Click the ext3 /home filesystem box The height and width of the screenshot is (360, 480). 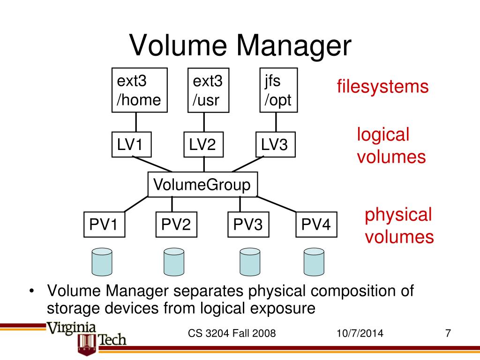[140, 90]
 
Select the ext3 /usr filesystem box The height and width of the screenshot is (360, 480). [205, 91]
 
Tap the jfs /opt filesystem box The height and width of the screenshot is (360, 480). [279, 90]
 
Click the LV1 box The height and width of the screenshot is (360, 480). [132, 145]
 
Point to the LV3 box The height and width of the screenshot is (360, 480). [276, 145]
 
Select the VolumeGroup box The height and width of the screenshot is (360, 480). [202, 185]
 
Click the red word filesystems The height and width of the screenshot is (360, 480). [382, 87]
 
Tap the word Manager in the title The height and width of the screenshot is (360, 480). [294, 46]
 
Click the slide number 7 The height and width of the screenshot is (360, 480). [448, 334]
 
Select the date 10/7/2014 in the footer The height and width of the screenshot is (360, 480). [360, 334]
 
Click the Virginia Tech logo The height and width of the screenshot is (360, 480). [87, 336]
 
